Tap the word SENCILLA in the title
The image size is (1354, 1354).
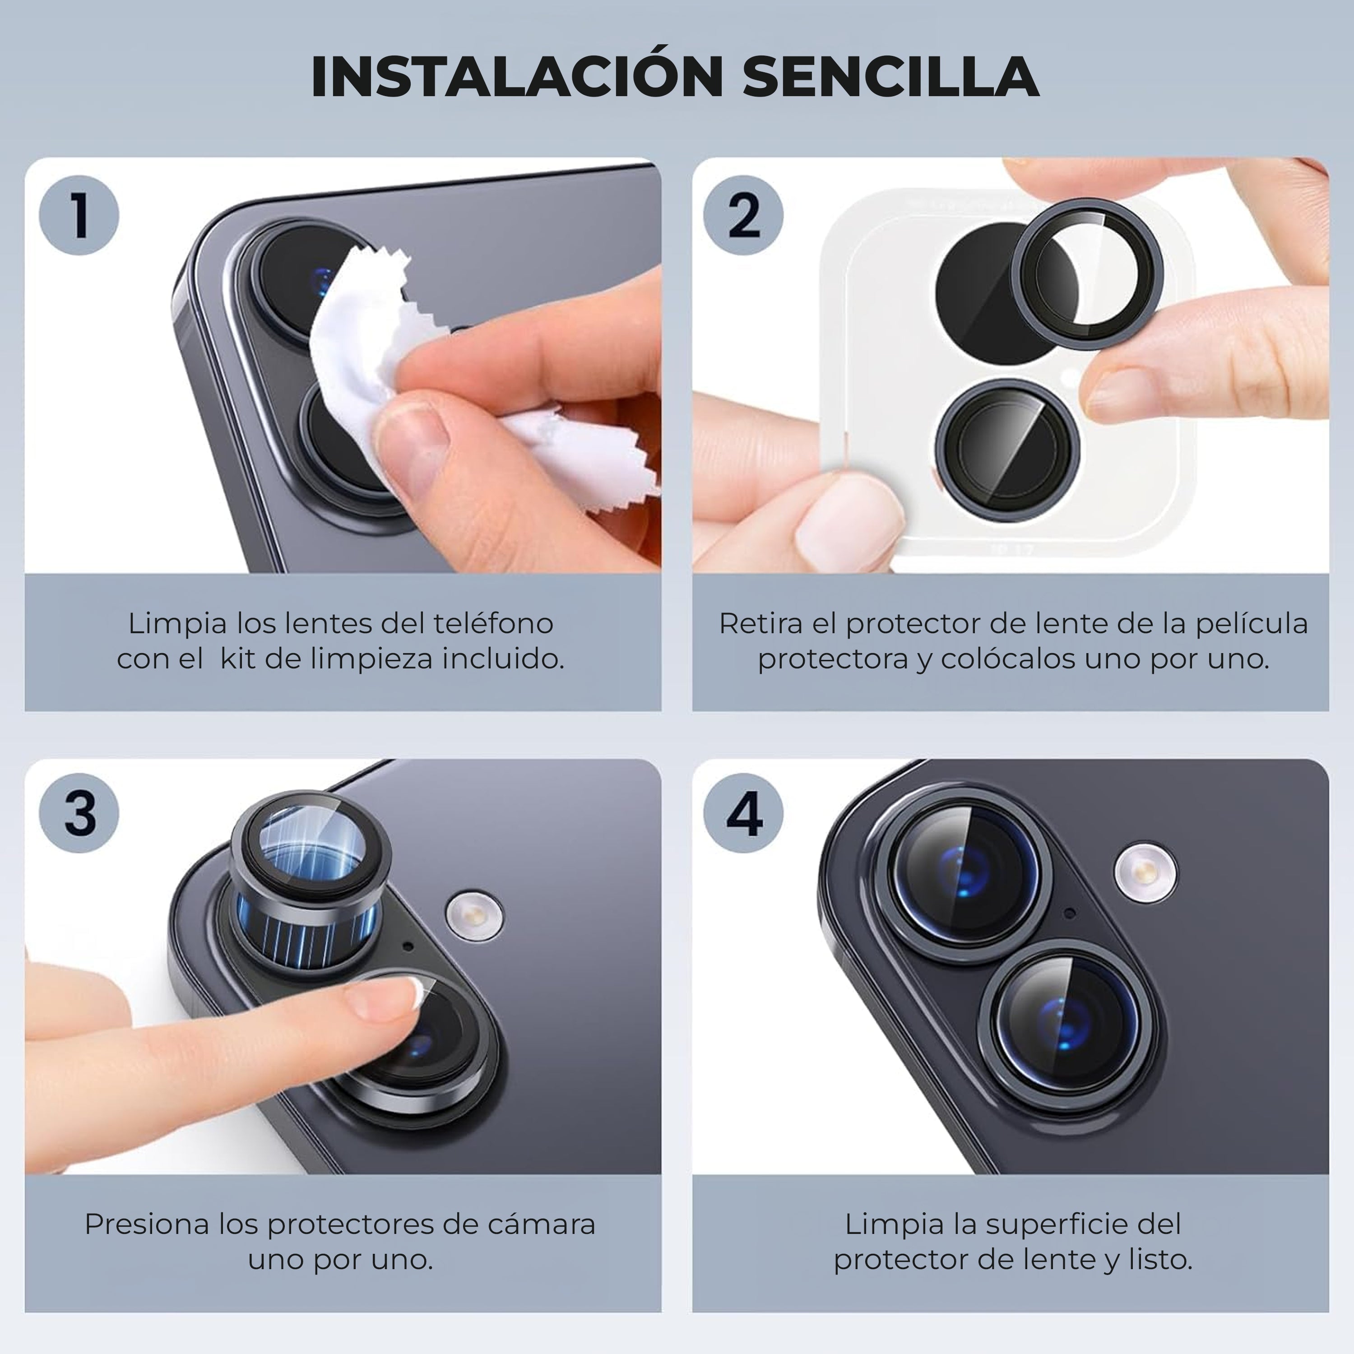point(891,76)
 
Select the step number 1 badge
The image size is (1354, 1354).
point(79,215)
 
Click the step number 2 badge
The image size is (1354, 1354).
point(744,215)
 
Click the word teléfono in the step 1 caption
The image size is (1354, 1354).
point(493,623)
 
